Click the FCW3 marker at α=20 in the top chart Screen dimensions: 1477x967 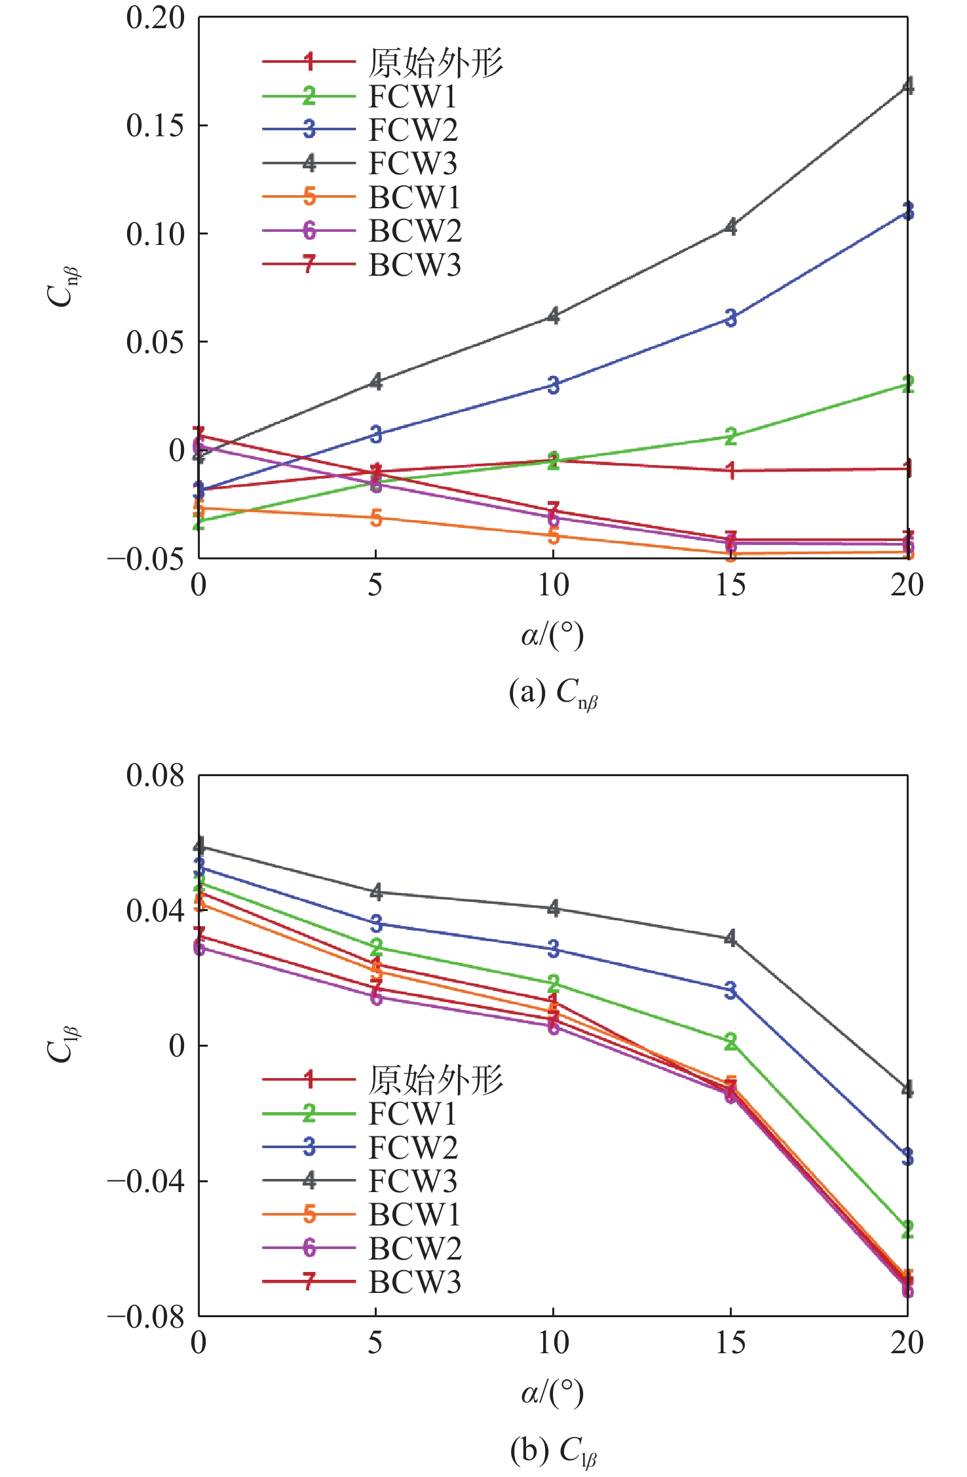click(907, 86)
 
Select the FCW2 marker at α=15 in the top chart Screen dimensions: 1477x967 click(730, 318)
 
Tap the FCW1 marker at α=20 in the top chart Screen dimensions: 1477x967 click(907, 384)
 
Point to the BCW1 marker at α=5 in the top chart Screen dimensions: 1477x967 click(376, 518)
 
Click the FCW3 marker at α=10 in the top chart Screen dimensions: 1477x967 click(554, 316)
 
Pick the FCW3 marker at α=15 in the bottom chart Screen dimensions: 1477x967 click(730, 938)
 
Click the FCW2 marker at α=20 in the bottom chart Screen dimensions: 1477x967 click(907, 1157)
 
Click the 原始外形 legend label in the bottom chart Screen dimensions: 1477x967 click(436, 1079)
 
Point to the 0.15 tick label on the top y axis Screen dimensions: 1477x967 click(155, 125)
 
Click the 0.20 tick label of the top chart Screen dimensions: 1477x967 click(155, 18)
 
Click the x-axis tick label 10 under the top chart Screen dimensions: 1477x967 click(553, 585)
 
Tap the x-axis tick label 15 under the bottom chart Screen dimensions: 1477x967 click(730, 1343)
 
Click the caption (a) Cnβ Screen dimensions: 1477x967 click(554, 693)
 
